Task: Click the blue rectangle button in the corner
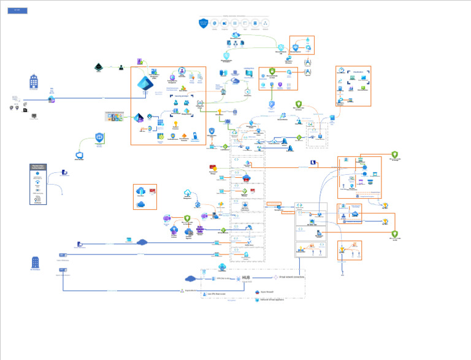[x=17, y=10]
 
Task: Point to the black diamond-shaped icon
[x=98, y=67]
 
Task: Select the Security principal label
[x=181, y=96]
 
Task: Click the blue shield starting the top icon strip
[x=204, y=23]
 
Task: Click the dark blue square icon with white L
[x=313, y=163]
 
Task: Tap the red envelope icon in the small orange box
[x=151, y=191]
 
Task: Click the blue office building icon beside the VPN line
[x=34, y=81]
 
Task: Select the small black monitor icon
[x=34, y=114]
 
